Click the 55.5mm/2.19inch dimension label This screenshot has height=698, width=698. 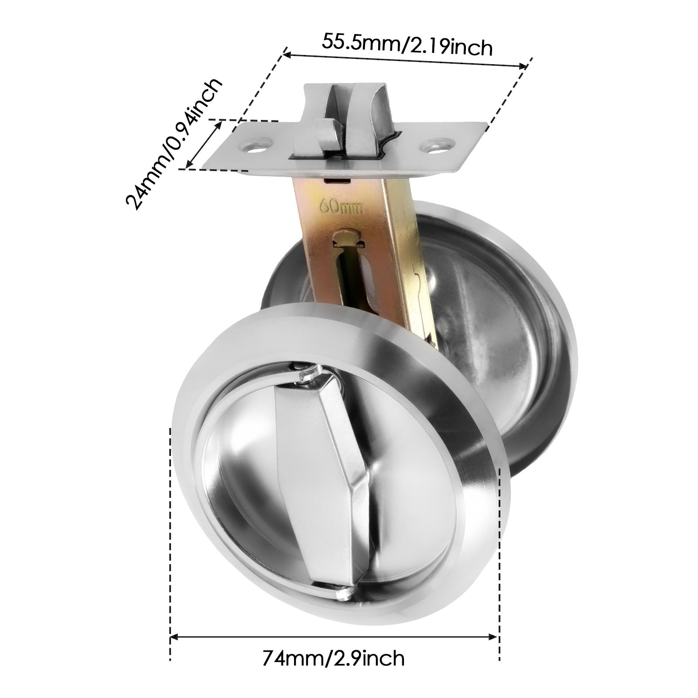click(x=407, y=45)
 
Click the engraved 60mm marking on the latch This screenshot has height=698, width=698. click(x=342, y=206)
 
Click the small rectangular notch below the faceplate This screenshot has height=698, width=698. click(x=337, y=179)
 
